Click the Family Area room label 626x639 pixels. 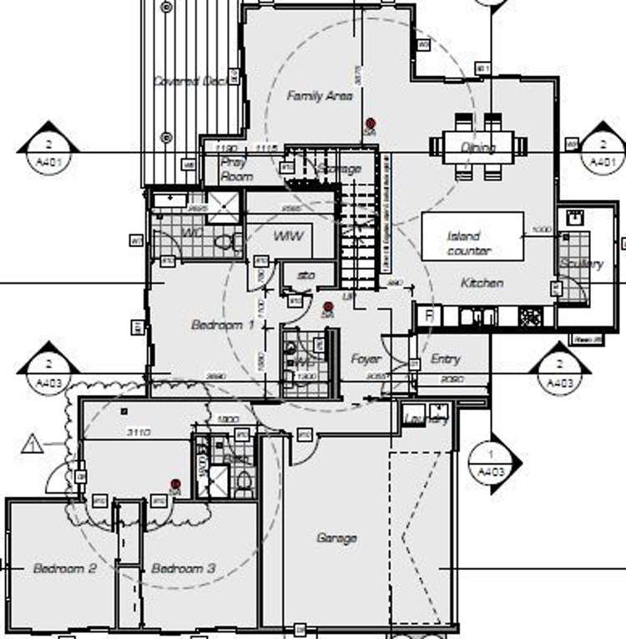click(x=320, y=96)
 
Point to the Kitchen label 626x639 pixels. click(x=482, y=283)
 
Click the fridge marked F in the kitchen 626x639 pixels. click(x=429, y=316)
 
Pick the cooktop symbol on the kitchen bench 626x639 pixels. click(x=529, y=317)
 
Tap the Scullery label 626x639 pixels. click(x=582, y=264)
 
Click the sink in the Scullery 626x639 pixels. click(x=574, y=219)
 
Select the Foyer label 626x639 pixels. click(x=366, y=359)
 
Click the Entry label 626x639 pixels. click(x=446, y=359)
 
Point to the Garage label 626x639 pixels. click(x=336, y=538)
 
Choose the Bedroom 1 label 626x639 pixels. click(x=222, y=325)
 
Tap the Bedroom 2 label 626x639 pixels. click(x=65, y=568)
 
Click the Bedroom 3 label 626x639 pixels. click(x=184, y=568)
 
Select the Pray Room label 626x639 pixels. click(x=237, y=170)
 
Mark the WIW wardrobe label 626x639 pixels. click(x=286, y=236)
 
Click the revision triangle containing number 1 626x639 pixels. click(x=33, y=444)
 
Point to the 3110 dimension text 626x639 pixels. click(x=138, y=433)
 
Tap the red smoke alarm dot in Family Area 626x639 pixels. click(x=370, y=123)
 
